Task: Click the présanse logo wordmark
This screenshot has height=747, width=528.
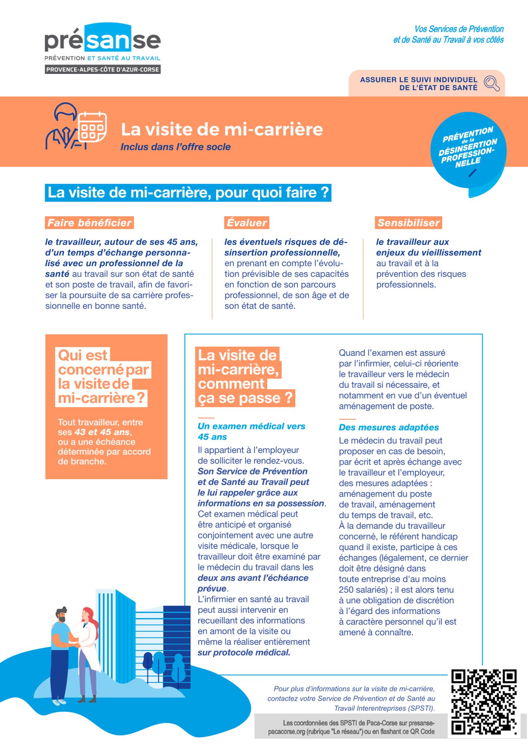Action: [103, 40]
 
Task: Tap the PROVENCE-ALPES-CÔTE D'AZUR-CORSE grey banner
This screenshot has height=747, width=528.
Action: [103, 69]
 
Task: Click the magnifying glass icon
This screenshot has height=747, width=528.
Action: [491, 83]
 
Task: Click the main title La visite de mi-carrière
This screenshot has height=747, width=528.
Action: [222, 130]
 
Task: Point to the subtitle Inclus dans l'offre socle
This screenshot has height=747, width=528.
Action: [175, 147]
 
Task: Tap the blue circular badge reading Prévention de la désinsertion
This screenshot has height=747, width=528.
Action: [468, 149]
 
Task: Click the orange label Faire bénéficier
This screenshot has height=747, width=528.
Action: [89, 223]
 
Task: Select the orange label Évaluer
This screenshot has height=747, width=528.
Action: [246, 223]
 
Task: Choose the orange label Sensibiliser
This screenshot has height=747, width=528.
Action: [408, 223]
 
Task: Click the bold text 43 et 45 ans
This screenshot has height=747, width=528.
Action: [102, 432]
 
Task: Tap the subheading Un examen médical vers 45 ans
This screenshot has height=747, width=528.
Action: [251, 431]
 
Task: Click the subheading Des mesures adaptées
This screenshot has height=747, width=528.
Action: [388, 427]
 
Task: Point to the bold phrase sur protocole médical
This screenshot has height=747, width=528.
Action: [244, 653]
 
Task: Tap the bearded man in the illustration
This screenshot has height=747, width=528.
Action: [61, 650]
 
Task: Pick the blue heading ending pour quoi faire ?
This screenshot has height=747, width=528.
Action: [188, 193]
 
